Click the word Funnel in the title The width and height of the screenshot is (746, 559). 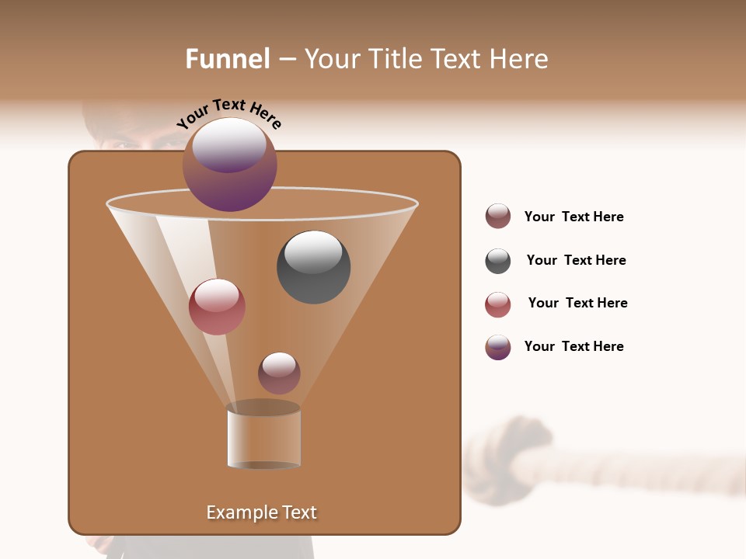[x=227, y=59]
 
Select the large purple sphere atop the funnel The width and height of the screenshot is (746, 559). [x=230, y=165]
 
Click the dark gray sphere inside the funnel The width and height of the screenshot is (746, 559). [x=313, y=267]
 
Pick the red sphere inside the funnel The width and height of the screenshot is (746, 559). [x=217, y=307]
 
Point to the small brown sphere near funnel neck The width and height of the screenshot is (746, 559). [x=279, y=373]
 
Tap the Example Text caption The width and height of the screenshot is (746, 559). [x=261, y=512]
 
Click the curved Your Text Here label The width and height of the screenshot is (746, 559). [x=228, y=113]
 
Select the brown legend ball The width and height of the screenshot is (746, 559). [x=498, y=217]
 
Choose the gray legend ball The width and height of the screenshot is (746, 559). [x=498, y=261]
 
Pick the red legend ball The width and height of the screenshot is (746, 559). [x=498, y=304]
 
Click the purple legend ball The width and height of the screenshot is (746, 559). [x=498, y=347]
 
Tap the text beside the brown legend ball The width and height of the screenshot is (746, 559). [x=573, y=217]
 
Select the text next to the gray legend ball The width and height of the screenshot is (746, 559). [x=576, y=260]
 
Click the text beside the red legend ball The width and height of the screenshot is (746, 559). [x=577, y=303]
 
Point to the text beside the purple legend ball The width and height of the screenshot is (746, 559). [x=573, y=346]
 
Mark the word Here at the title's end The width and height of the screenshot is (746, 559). [x=518, y=59]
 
